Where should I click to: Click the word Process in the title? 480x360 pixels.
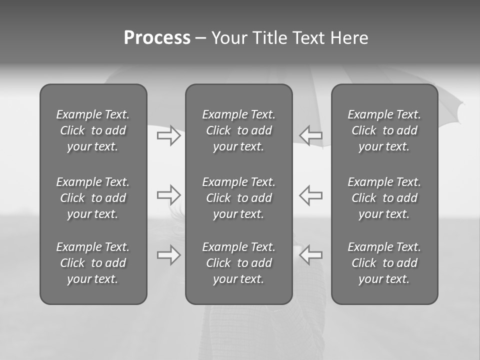pos(157,38)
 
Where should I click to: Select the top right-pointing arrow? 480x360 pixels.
pos(168,135)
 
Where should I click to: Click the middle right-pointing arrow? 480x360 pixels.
pos(168,195)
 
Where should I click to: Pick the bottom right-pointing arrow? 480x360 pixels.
pos(168,255)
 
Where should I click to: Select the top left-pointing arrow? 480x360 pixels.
pos(311,135)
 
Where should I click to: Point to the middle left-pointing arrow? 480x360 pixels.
pos(311,195)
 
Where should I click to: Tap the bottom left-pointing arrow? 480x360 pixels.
pos(311,255)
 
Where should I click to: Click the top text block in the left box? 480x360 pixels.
pos(93,130)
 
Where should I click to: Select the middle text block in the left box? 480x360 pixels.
pos(93,198)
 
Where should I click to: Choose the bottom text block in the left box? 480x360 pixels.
pos(93,263)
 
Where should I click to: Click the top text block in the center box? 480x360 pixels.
pos(238,130)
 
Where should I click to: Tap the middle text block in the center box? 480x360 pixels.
pos(238,198)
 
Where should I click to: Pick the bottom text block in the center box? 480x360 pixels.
pos(238,263)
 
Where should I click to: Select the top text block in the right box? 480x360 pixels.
pos(384,130)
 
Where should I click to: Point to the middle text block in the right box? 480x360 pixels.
pos(384,198)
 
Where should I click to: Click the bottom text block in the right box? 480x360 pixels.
pos(384,263)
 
